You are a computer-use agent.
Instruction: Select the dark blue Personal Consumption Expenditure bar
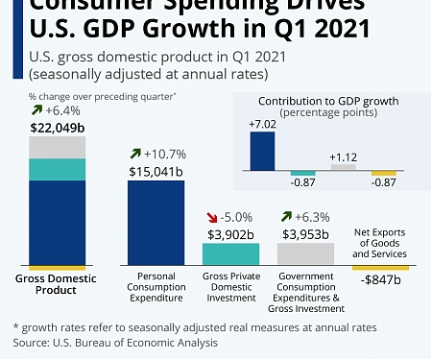tap(156, 222)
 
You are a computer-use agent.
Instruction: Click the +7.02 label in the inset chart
tap(263, 124)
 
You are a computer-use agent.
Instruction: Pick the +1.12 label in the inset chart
tap(343, 156)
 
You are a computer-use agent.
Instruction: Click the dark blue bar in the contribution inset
tap(263, 151)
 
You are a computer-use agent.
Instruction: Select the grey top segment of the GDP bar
tap(58, 147)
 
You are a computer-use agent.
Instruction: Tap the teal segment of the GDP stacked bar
tap(58, 169)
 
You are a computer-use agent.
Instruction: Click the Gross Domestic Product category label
tap(58, 284)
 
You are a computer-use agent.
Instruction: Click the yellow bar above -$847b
tap(380, 267)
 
